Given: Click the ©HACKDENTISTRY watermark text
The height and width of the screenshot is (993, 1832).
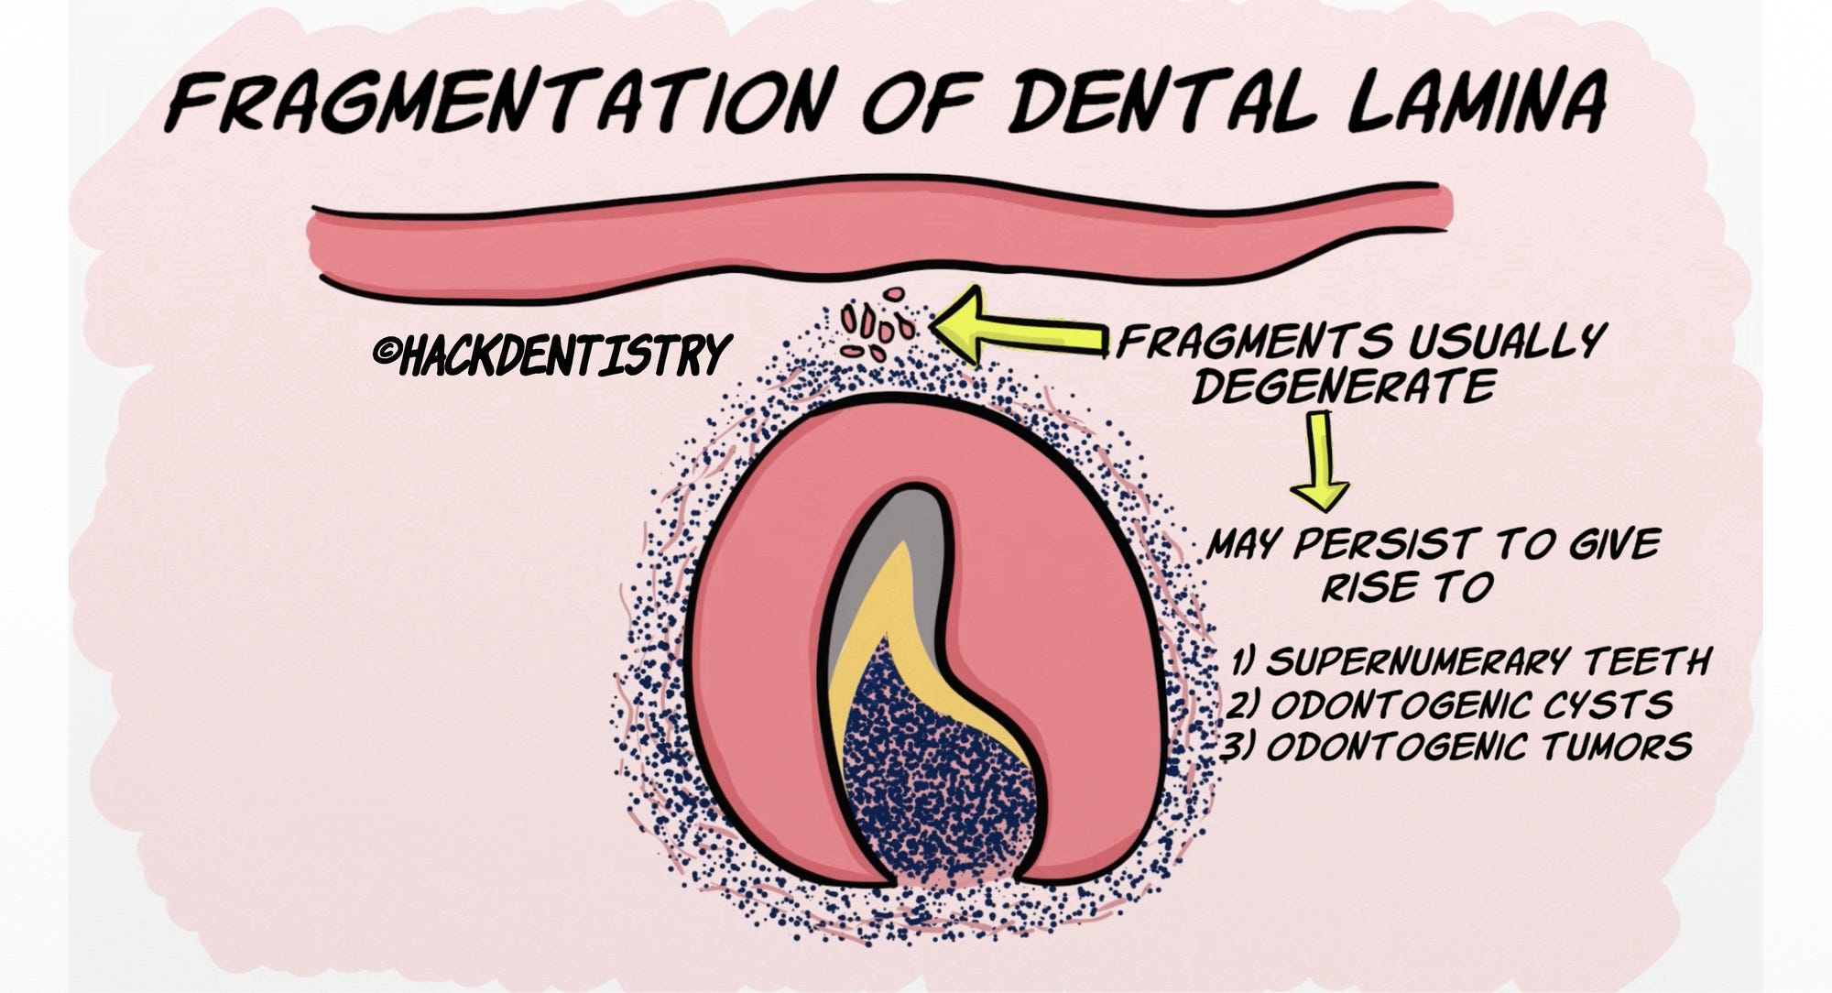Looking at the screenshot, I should click(552, 355).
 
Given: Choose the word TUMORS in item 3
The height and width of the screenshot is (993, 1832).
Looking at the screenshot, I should click(1616, 747).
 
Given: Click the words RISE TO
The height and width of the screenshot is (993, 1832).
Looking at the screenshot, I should click(1406, 586).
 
